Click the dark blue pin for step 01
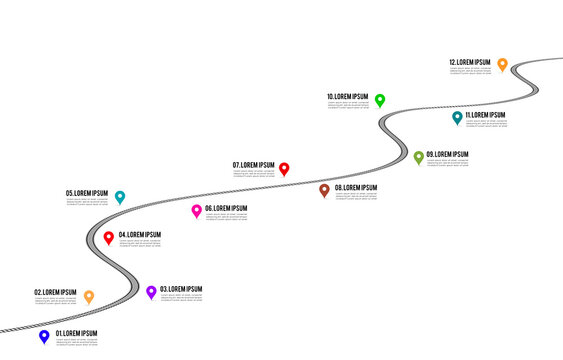pyautogui.click(x=44, y=336)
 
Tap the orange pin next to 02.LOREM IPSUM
pyautogui.click(x=88, y=296)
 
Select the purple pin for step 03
pyautogui.click(x=151, y=291)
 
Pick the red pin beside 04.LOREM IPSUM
pyautogui.click(x=109, y=237)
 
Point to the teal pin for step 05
pyautogui.click(x=120, y=196)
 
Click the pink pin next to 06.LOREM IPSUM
pyautogui.click(x=196, y=210)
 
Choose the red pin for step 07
pyautogui.click(x=284, y=168)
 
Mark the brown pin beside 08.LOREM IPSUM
pyautogui.click(x=324, y=189)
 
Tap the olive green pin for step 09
pyautogui.click(x=419, y=156)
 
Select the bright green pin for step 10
pyautogui.click(x=380, y=100)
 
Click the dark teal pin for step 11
pyautogui.click(x=457, y=117)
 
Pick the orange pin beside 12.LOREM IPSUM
pyautogui.click(x=502, y=64)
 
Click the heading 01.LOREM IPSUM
pyautogui.click(x=77, y=333)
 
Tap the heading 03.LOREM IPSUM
pyautogui.click(x=181, y=289)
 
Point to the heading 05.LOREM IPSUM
pyautogui.click(x=87, y=193)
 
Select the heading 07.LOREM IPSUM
pyautogui.click(x=254, y=165)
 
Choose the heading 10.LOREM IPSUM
pyautogui.click(x=348, y=97)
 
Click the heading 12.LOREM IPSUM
pyautogui.click(x=470, y=62)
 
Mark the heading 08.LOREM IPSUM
pyautogui.click(x=355, y=188)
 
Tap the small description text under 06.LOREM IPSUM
pyautogui.click(x=226, y=217)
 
